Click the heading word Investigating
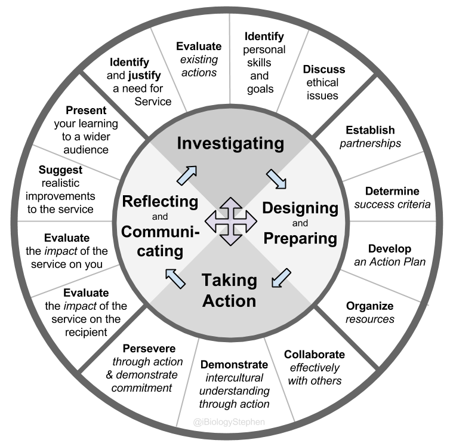230,143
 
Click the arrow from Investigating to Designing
276,177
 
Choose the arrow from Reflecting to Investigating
186,176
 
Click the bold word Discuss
324,69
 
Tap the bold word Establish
370,130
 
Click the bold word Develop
390,248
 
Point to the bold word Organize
370,306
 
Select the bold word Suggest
64,170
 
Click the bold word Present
86,110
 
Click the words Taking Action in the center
229,290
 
